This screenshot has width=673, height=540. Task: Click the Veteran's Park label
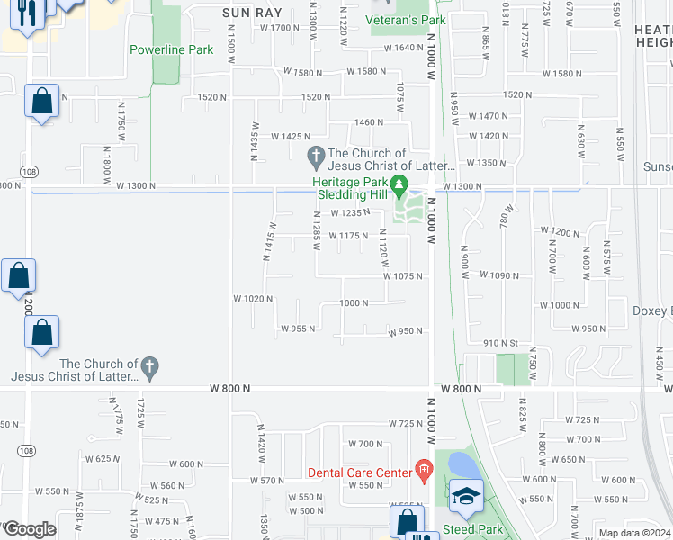pyautogui.click(x=407, y=20)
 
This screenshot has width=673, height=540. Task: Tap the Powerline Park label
pyautogui.click(x=171, y=49)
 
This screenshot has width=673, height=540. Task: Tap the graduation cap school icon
pyautogui.click(x=466, y=497)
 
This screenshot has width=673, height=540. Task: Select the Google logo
pyautogui.click(x=29, y=529)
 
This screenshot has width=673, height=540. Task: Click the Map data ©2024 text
pyautogui.click(x=634, y=533)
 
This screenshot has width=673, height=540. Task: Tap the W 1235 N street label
pyautogui.click(x=350, y=213)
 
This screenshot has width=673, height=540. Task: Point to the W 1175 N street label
pyautogui.click(x=348, y=236)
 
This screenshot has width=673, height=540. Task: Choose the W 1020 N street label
pyautogui.click(x=252, y=298)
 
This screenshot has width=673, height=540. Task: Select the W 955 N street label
pyautogui.click(x=298, y=328)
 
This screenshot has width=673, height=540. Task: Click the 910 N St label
pyautogui.click(x=502, y=343)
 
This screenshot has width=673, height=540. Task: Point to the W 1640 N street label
pyautogui.click(x=395, y=48)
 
